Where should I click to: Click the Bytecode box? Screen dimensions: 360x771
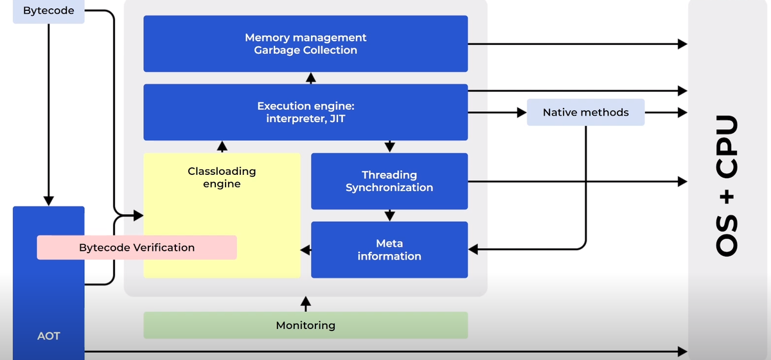(x=48, y=11)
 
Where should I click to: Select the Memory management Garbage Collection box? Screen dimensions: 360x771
(x=305, y=44)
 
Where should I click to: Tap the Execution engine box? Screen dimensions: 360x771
(x=305, y=112)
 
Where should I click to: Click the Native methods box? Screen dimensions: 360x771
(x=585, y=113)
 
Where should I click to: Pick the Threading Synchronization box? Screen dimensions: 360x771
(x=389, y=181)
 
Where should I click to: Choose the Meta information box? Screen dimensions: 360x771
(x=389, y=249)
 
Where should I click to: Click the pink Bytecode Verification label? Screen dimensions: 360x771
(x=136, y=248)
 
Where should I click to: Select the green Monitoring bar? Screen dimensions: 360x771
(x=305, y=325)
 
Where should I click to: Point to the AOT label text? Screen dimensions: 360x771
(x=48, y=336)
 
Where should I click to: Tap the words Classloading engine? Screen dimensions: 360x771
(x=222, y=177)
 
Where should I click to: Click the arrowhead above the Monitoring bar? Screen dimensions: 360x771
(x=306, y=301)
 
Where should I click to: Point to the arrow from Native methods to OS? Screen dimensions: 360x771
(x=666, y=113)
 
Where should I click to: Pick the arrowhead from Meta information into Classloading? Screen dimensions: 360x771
(x=306, y=249)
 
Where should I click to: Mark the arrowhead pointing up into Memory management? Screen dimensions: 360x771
(x=311, y=77)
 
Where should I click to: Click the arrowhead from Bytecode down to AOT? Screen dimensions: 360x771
(x=48, y=200)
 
